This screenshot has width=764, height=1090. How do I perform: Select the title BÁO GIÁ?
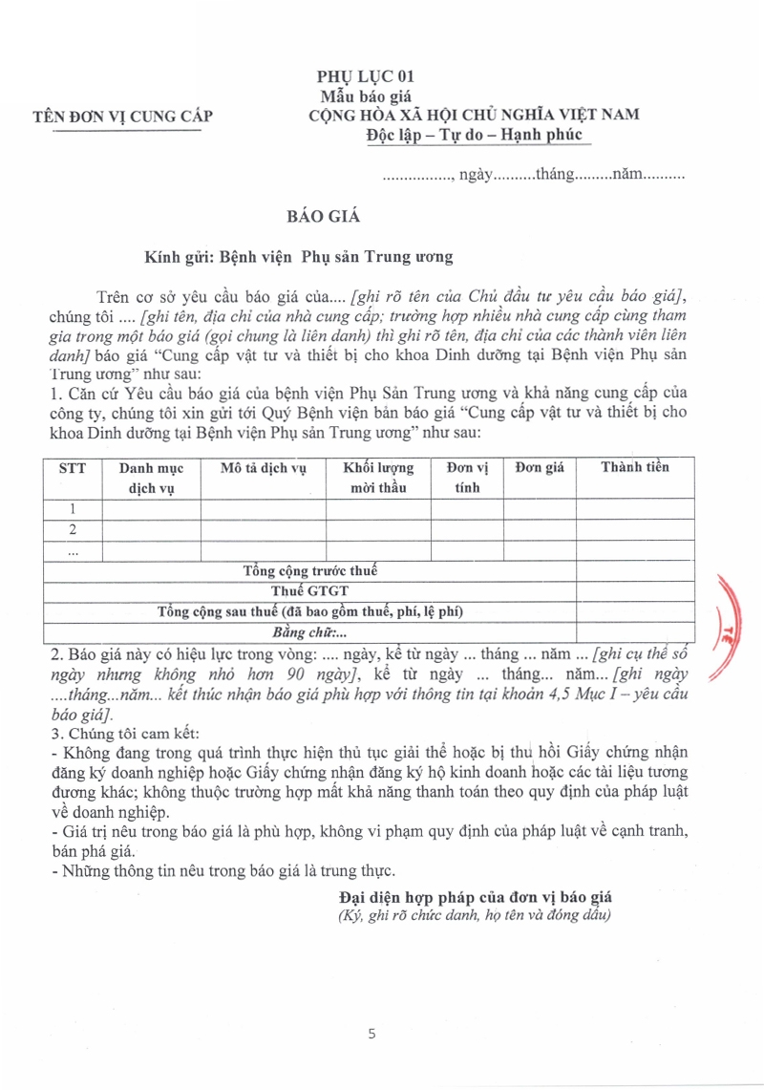[324, 216]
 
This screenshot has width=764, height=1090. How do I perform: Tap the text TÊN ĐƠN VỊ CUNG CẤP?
[123, 118]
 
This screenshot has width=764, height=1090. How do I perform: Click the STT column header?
[73, 468]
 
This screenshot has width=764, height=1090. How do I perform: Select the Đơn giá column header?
[540, 467]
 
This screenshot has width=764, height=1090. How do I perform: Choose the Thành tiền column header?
[635, 467]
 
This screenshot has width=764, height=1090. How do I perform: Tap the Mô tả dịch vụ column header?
[263, 468]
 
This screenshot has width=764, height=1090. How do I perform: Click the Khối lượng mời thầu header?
[378, 477]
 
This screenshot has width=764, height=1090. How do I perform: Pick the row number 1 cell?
[73, 509]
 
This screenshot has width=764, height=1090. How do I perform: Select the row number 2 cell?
[73, 530]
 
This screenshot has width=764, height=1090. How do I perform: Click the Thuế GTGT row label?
[310, 591]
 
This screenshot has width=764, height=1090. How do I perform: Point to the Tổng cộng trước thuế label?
[310, 571]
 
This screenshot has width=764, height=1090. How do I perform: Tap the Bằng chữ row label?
[310, 632]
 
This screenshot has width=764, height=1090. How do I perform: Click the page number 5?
[373, 1034]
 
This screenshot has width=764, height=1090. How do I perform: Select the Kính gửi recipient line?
[298, 257]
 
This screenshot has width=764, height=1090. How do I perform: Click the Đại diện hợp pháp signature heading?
[475, 897]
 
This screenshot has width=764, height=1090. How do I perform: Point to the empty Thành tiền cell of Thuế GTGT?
[635, 591]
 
